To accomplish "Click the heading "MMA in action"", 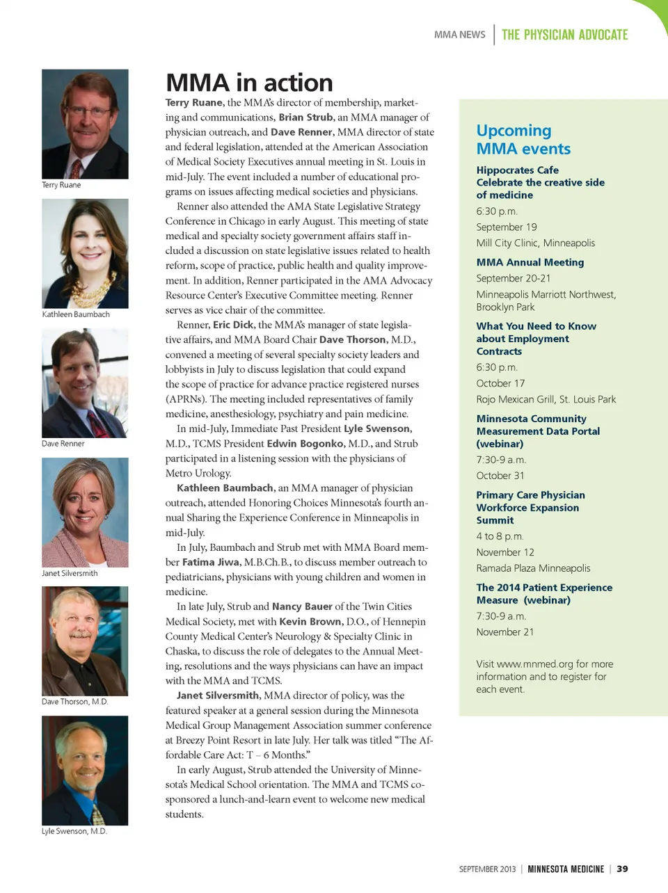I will (249, 83).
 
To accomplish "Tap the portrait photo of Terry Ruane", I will (85, 124).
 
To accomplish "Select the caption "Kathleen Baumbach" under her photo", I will (76, 314).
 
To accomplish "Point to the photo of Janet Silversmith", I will (85, 512).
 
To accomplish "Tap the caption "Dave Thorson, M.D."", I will (75, 702).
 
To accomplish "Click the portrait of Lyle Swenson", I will (85, 771).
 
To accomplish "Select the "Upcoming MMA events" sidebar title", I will (523, 140).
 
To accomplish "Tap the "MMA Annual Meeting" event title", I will (530, 262).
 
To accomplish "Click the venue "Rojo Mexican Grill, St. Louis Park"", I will (546, 399).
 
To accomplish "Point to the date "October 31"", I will (500, 476).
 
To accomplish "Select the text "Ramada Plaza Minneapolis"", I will (533, 568).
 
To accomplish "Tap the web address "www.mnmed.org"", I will (535, 664).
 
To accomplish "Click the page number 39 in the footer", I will (622, 869).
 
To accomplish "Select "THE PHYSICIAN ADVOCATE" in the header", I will (564, 35).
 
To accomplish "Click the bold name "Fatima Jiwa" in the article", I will (212, 562).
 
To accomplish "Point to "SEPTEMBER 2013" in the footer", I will (487, 869).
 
